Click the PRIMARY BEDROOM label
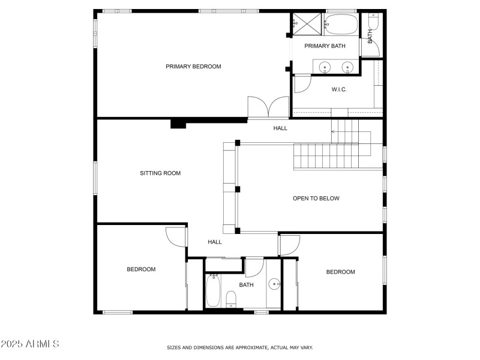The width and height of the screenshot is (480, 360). pos(193,67)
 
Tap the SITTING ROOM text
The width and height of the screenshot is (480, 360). pos(160,173)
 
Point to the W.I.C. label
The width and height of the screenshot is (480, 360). pos(339,89)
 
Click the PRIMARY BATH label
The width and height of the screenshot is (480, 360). pos(325,46)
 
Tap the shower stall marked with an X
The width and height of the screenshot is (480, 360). pos(308,23)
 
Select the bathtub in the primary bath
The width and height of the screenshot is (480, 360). pos(341,25)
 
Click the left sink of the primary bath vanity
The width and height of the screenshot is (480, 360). pos(325,67)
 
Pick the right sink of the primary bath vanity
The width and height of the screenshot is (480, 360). pos(347,67)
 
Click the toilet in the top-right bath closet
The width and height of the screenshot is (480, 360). pos(373,22)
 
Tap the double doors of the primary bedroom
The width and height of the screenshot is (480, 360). pos(269,108)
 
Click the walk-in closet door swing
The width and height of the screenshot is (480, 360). pos(302,83)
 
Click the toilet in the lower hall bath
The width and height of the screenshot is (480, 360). pos(231,298)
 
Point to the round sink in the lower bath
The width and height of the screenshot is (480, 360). pos(274,284)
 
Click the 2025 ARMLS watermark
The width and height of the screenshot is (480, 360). pos(30,344)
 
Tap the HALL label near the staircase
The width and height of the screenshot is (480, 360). pos(280,128)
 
